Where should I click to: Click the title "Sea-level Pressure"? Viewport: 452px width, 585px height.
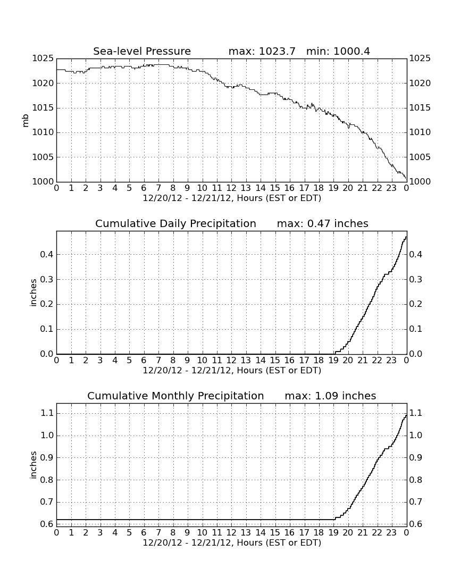(142, 51)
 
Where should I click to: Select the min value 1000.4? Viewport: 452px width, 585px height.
(351, 51)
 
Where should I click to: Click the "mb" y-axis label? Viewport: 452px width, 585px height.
(26, 121)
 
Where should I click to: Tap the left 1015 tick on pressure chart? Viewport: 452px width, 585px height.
(43, 108)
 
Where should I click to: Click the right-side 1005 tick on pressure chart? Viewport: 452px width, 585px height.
(420, 157)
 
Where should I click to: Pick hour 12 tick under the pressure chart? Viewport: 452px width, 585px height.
(231, 188)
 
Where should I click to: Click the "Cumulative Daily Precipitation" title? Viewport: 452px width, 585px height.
(175, 223)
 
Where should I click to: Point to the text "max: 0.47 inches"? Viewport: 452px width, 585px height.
(323, 223)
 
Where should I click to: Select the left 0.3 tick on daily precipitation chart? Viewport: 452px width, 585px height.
(47, 279)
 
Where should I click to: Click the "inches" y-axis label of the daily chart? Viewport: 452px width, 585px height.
(33, 293)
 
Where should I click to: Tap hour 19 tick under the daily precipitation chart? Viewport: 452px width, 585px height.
(333, 361)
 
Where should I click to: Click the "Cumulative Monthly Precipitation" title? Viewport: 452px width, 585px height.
(175, 396)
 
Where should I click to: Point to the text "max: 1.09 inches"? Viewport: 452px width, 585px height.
(330, 396)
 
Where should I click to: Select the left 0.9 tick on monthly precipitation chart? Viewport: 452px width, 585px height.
(47, 458)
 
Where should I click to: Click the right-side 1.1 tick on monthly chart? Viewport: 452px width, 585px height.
(416, 413)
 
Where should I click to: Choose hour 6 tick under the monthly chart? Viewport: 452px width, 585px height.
(144, 533)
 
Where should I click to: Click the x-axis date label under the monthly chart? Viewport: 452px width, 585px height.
(232, 542)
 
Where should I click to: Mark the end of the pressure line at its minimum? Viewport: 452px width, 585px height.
(406, 179)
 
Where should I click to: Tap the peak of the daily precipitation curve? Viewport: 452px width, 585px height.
(406, 237)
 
